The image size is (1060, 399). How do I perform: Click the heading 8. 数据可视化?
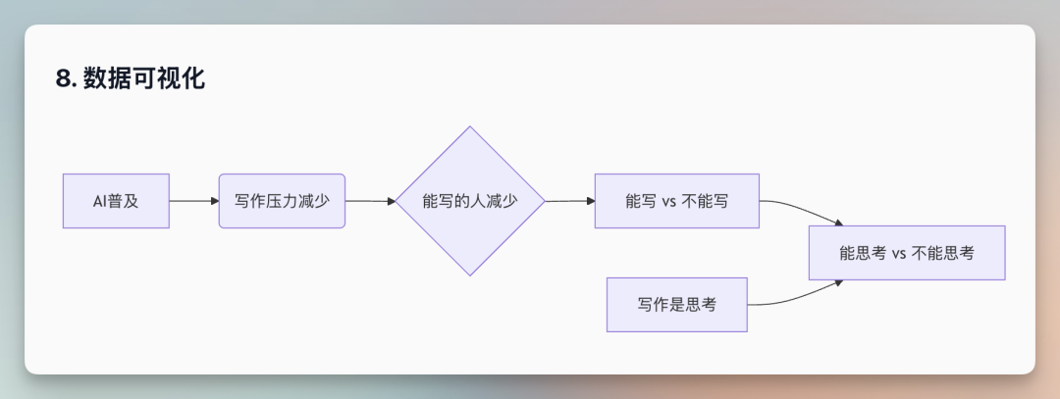(x=131, y=78)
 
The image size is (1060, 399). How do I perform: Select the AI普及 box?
(x=116, y=201)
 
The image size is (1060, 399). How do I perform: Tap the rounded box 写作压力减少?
(x=282, y=201)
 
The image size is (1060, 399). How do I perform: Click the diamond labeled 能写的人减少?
(x=470, y=201)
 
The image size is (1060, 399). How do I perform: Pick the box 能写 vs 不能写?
(x=677, y=201)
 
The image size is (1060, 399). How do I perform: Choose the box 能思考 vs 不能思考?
(x=906, y=253)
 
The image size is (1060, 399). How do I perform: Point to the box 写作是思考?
(x=677, y=305)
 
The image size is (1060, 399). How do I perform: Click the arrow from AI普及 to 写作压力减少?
(x=193, y=201)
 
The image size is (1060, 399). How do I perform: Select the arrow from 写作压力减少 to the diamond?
(x=369, y=201)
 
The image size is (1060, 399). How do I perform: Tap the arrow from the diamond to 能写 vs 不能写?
(x=569, y=201)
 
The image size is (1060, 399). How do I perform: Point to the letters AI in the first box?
(x=98, y=201)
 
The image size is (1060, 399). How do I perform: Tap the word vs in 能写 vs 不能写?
(x=670, y=201)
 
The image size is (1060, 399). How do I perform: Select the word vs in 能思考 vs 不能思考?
(x=899, y=253)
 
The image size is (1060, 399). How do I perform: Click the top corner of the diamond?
(x=470, y=128)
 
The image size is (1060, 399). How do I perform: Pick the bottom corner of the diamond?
(x=470, y=274)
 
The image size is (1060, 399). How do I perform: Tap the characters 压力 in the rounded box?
(x=282, y=201)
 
